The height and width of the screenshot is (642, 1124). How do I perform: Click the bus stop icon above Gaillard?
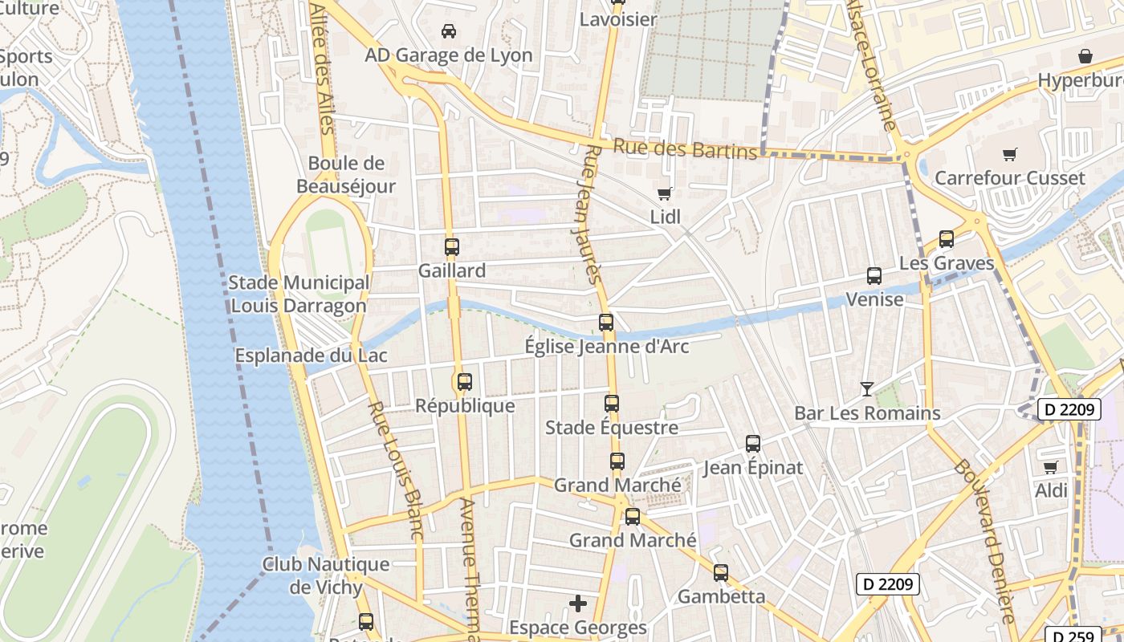451,247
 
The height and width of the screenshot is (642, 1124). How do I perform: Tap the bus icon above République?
464,382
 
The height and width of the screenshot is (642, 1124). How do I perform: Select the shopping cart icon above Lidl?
664,193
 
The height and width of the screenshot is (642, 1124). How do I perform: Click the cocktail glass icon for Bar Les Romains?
866,389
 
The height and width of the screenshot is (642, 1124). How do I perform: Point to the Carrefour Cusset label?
1009,178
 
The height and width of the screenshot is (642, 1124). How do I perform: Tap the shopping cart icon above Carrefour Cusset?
1009,155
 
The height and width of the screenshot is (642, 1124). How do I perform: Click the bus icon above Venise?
874,276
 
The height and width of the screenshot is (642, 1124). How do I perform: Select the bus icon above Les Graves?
946,239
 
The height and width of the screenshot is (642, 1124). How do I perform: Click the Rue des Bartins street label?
685,149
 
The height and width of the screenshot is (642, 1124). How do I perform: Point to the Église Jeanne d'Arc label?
606,347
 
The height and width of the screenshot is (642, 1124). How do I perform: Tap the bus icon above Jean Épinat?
752,444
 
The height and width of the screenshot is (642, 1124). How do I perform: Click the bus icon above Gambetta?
721,573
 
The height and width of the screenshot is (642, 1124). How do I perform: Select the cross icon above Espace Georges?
577,603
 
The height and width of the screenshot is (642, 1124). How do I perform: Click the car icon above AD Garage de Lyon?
449,31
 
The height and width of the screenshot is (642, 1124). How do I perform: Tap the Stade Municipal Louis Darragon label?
299,294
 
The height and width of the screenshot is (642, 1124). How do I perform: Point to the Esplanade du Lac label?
311,356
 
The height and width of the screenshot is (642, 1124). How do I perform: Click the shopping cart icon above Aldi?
1050,467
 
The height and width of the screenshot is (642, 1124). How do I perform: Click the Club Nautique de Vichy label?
326,575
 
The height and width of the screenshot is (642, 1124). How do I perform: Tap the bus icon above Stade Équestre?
612,404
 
